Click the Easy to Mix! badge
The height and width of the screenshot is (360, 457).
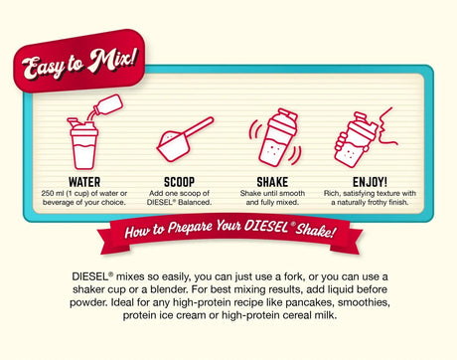click(x=79, y=62)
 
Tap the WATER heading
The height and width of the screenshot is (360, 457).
click(x=84, y=182)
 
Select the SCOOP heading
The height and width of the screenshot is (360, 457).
click(x=179, y=182)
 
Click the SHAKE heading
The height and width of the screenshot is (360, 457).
click(x=272, y=182)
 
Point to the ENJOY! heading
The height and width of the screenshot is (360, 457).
click(x=370, y=182)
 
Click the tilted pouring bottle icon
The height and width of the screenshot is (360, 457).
click(x=106, y=106)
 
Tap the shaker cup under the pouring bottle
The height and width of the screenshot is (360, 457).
click(x=83, y=143)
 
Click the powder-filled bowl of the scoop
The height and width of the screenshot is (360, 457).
click(x=173, y=146)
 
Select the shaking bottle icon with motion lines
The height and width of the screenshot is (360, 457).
click(x=275, y=137)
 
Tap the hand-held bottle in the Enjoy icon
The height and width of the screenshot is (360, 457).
click(x=356, y=140)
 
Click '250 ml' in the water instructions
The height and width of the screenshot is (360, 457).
click(x=53, y=193)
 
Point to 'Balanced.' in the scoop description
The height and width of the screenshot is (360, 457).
click(x=195, y=202)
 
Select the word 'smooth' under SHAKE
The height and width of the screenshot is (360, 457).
click(x=293, y=193)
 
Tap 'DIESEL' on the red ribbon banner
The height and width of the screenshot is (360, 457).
click(x=266, y=227)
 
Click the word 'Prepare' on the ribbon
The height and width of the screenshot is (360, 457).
click(x=190, y=228)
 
